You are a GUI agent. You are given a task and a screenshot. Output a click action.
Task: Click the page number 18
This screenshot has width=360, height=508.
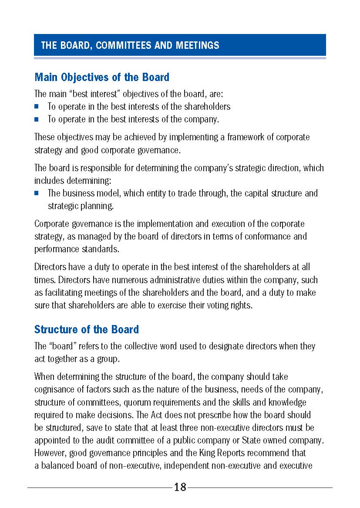coord(180,487)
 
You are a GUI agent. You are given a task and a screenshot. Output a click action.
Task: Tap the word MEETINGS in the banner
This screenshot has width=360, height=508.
coord(198,45)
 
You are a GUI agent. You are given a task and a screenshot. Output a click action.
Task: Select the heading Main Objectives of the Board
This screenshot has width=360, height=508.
coord(102,78)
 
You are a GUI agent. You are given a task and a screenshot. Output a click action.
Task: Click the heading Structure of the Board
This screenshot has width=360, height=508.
coord(87,329)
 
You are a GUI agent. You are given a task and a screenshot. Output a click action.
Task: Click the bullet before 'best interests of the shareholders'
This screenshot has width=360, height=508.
coord(37,106)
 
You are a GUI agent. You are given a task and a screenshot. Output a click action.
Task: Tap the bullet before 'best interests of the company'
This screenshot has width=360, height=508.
coord(37,119)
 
